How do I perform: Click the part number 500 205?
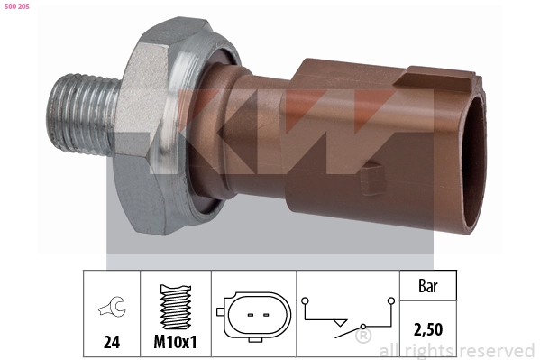(16, 5)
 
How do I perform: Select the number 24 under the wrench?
(111, 343)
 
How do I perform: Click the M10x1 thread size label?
(175, 343)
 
